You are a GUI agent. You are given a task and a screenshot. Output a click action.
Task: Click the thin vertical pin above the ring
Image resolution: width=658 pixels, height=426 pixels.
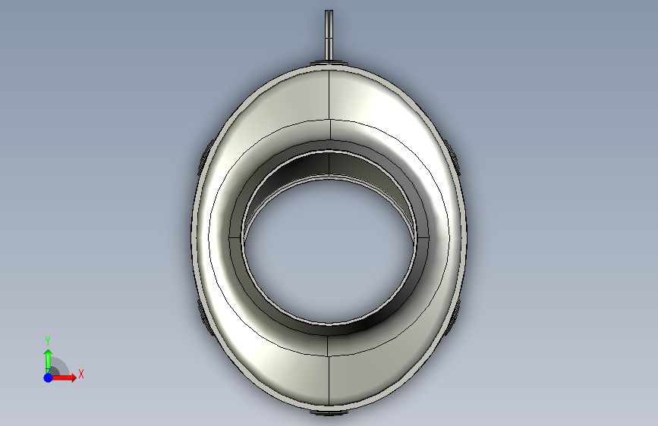pos(329,35)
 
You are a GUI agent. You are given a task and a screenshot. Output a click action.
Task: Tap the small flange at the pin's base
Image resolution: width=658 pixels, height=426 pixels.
pos(329,63)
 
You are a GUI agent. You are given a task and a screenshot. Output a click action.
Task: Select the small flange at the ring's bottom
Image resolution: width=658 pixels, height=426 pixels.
pos(329,412)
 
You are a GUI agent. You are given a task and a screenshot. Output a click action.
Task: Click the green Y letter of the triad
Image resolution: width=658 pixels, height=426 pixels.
pos(48,340)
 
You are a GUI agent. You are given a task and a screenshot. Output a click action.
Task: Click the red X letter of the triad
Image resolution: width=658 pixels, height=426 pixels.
pos(81,374)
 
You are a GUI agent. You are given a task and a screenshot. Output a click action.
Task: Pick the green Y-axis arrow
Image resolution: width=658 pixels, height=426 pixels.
pos(49,362)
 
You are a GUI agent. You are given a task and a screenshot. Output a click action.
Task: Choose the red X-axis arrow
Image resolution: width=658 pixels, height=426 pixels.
pos(63,377)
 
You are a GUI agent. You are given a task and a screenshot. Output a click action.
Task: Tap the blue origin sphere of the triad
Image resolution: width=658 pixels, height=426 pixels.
pos(49,377)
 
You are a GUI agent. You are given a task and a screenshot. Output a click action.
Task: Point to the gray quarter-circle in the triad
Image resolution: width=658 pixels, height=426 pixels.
pos(61,365)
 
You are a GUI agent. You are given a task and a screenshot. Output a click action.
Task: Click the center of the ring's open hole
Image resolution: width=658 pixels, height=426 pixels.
pos(329,252)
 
